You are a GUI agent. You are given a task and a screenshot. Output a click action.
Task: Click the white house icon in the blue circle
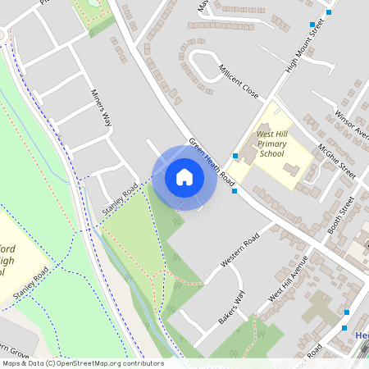point(184,176)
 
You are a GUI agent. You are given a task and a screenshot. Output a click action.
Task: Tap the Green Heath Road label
point(212,160)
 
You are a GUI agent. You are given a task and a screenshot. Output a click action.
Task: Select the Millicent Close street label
point(239,81)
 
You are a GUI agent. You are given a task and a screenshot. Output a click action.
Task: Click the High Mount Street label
point(304,47)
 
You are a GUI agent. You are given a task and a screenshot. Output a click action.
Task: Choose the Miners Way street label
point(101,109)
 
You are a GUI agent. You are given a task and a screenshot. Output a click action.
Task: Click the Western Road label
point(240,251)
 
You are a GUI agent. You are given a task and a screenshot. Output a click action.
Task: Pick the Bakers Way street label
point(232,308)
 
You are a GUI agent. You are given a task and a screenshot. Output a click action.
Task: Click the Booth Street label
point(341,215)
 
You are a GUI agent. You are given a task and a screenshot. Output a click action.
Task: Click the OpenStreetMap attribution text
point(82,363)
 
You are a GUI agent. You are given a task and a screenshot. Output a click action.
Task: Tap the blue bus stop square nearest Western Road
point(235,191)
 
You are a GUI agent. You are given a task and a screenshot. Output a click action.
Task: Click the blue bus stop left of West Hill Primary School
point(235,156)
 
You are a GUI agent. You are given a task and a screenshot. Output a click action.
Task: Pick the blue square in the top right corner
point(329,11)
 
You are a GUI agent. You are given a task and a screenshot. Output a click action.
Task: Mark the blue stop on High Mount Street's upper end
point(311,25)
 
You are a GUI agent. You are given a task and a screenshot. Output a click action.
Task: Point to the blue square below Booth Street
point(346,312)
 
